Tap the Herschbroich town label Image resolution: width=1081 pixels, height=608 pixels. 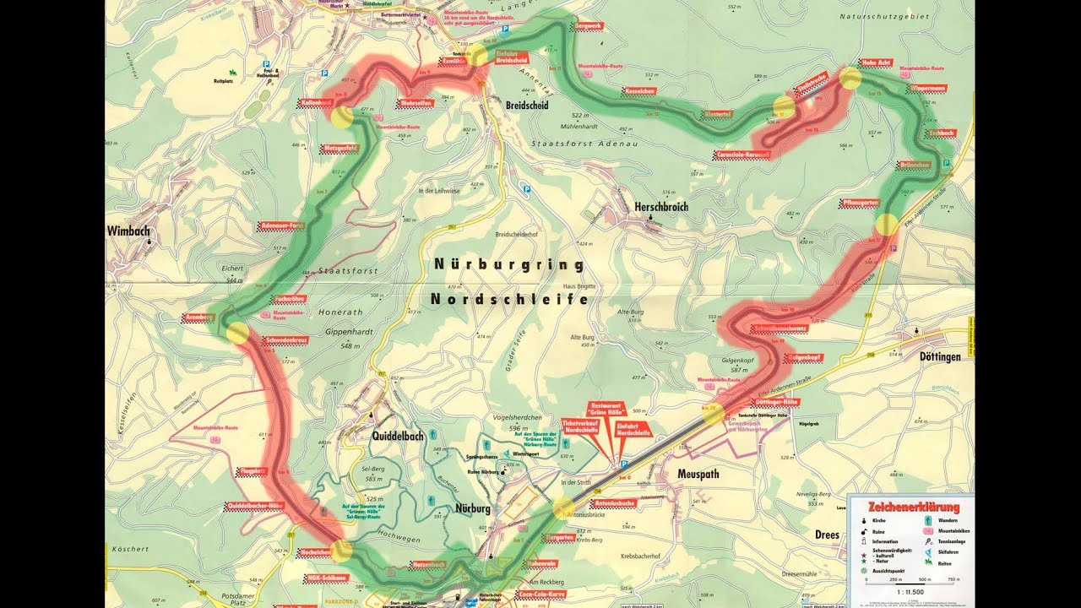(x=660, y=207)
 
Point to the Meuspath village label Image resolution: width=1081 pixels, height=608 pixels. (x=698, y=475)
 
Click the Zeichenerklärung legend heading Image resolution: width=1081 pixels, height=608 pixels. (x=914, y=508)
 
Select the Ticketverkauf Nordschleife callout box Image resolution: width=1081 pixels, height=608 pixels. (x=587, y=426)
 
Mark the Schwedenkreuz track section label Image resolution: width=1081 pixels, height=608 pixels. (x=287, y=340)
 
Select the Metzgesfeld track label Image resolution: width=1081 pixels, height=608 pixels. (x=340, y=149)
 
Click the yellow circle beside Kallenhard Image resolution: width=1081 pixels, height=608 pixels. (x=341, y=117)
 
